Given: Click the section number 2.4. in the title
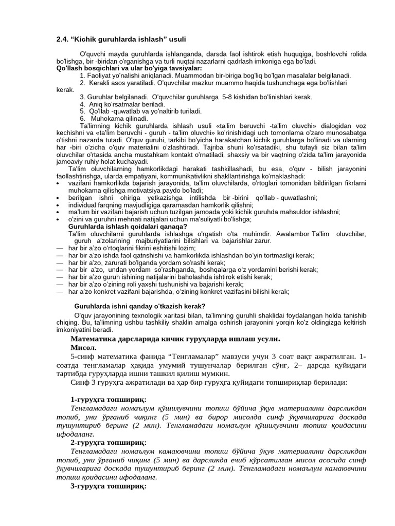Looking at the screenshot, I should click(x=63, y=40).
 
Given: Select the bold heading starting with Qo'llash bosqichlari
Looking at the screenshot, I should click(x=129, y=68).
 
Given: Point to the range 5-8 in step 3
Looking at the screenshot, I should click(x=229, y=97).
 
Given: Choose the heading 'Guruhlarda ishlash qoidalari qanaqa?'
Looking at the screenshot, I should click(x=128, y=227).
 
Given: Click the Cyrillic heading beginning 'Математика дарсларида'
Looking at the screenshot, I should click(x=175, y=339).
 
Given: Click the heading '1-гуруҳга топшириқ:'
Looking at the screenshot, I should click(x=109, y=400).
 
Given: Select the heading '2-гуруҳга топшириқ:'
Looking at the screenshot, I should click(x=109, y=442).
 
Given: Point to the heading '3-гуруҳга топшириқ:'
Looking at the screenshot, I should click(x=109, y=485).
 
